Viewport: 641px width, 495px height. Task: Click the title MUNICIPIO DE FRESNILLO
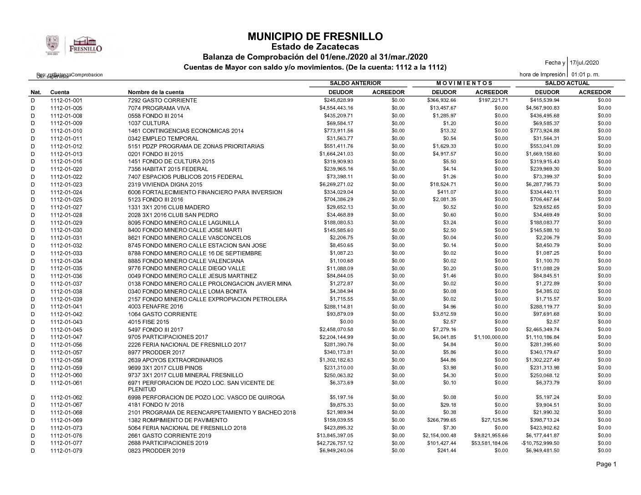(315, 36)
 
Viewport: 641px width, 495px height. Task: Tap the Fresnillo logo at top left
(85, 45)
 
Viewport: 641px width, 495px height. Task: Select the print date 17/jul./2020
(585, 63)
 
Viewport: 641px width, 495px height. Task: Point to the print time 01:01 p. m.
(585, 74)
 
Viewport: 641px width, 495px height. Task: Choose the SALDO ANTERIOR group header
(355, 83)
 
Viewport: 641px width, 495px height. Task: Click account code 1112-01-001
(66, 100)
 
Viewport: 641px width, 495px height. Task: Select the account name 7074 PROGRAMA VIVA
(159, 108)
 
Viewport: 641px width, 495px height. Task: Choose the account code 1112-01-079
(66, 451)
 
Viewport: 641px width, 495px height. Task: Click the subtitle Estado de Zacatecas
(315, 47)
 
